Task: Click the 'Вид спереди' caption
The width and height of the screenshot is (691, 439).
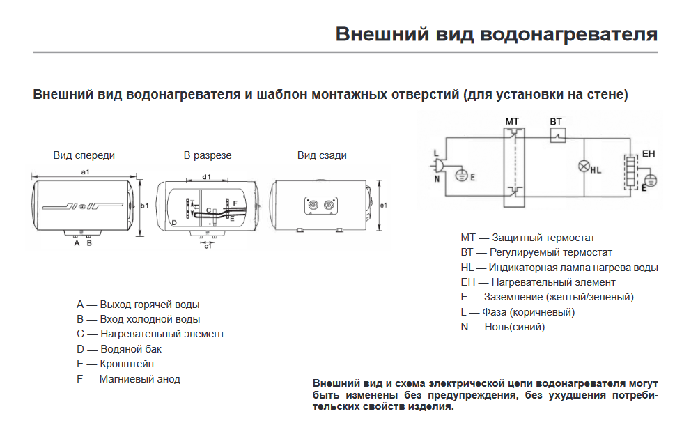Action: (84, 155)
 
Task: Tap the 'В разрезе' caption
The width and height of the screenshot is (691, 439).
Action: (208, 155)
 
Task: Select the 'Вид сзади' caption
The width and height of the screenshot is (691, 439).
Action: (322, 155)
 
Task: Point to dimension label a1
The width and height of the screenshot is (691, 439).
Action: (86, 171)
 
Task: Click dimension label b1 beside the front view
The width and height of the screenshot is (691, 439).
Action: (145, 206)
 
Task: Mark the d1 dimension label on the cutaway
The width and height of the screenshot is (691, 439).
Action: (206, 177)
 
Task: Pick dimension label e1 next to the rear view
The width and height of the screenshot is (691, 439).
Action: (384, 206)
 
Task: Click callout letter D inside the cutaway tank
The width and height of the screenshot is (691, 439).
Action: (174, 222)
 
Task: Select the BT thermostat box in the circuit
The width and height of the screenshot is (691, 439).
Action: (557, 136)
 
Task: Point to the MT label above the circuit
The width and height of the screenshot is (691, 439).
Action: (512, 121)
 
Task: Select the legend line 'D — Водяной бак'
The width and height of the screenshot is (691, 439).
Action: (119, 349)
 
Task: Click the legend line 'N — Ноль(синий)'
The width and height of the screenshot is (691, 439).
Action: (502, 327)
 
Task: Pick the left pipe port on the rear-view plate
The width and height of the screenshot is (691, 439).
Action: (310, 205)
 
